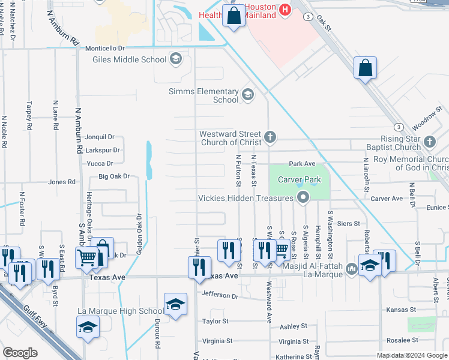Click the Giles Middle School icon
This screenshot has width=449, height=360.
[x=175, y=59]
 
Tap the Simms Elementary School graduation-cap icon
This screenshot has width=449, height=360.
[x=247, y=95]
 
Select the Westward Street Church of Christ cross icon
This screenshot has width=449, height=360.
[x=270, y=137]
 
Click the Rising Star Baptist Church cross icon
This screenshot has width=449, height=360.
[x=429, y=142]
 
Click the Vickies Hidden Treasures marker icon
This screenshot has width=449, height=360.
[x=304, y=197]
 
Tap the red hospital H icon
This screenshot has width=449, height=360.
[x=285, y=9]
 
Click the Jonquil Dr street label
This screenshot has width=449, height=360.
[x=99, y=137]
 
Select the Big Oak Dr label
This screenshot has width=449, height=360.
[x=113, y=176]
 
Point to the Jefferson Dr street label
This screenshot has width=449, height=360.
[x=220, y=295]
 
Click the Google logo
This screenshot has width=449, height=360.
[x=20, y=352]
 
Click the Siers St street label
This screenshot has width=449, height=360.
[x=348, y=223]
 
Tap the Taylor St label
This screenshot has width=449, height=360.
[x=215, y=322]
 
